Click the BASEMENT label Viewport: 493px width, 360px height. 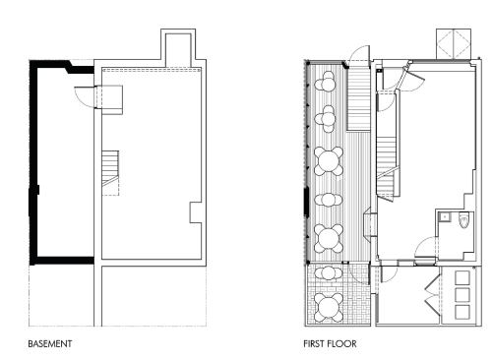coord(49,344)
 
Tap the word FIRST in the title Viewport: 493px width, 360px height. coord(316,344)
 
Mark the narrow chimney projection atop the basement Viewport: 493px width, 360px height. coord(178,47)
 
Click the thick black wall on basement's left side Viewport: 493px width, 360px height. coord(34,162)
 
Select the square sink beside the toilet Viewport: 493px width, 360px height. coord(445,215)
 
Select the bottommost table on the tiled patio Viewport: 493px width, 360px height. coord(327,307)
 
